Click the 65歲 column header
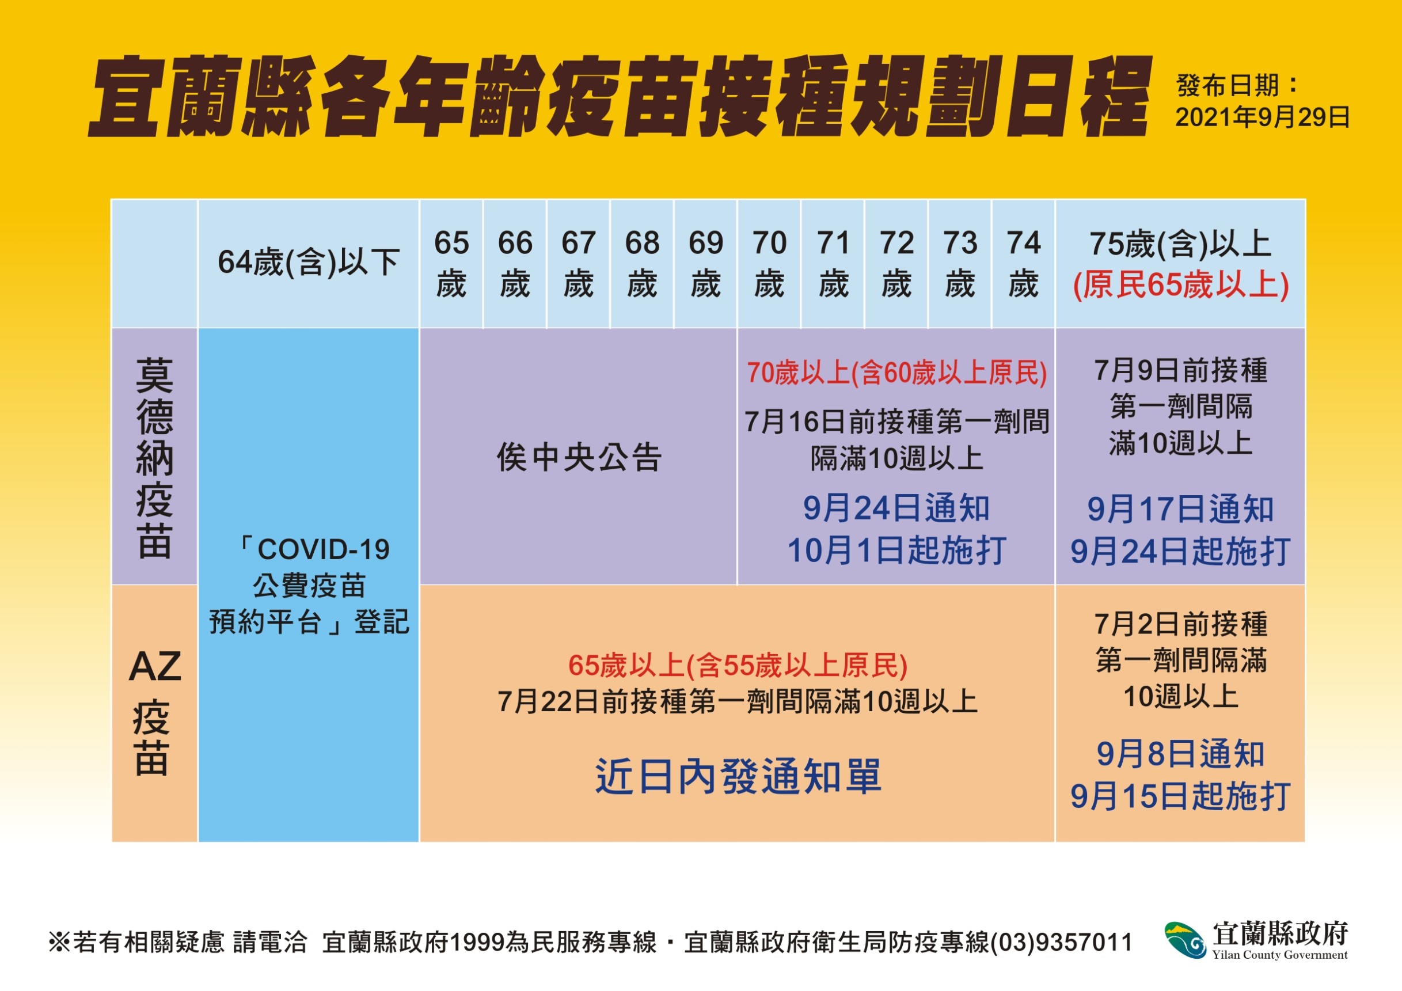451,264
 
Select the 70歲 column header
769,264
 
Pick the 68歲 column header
643,264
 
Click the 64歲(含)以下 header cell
309,263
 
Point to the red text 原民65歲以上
1181,285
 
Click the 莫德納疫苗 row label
154,458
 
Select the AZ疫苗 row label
154,711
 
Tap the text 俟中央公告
579,457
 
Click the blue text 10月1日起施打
896,550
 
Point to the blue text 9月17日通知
1180,509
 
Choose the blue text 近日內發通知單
738,777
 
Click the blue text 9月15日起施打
1180,796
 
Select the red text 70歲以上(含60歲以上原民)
897,373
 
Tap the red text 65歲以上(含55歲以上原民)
738,665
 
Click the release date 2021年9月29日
1262,117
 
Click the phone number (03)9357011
1061,942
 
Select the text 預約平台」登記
309,622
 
